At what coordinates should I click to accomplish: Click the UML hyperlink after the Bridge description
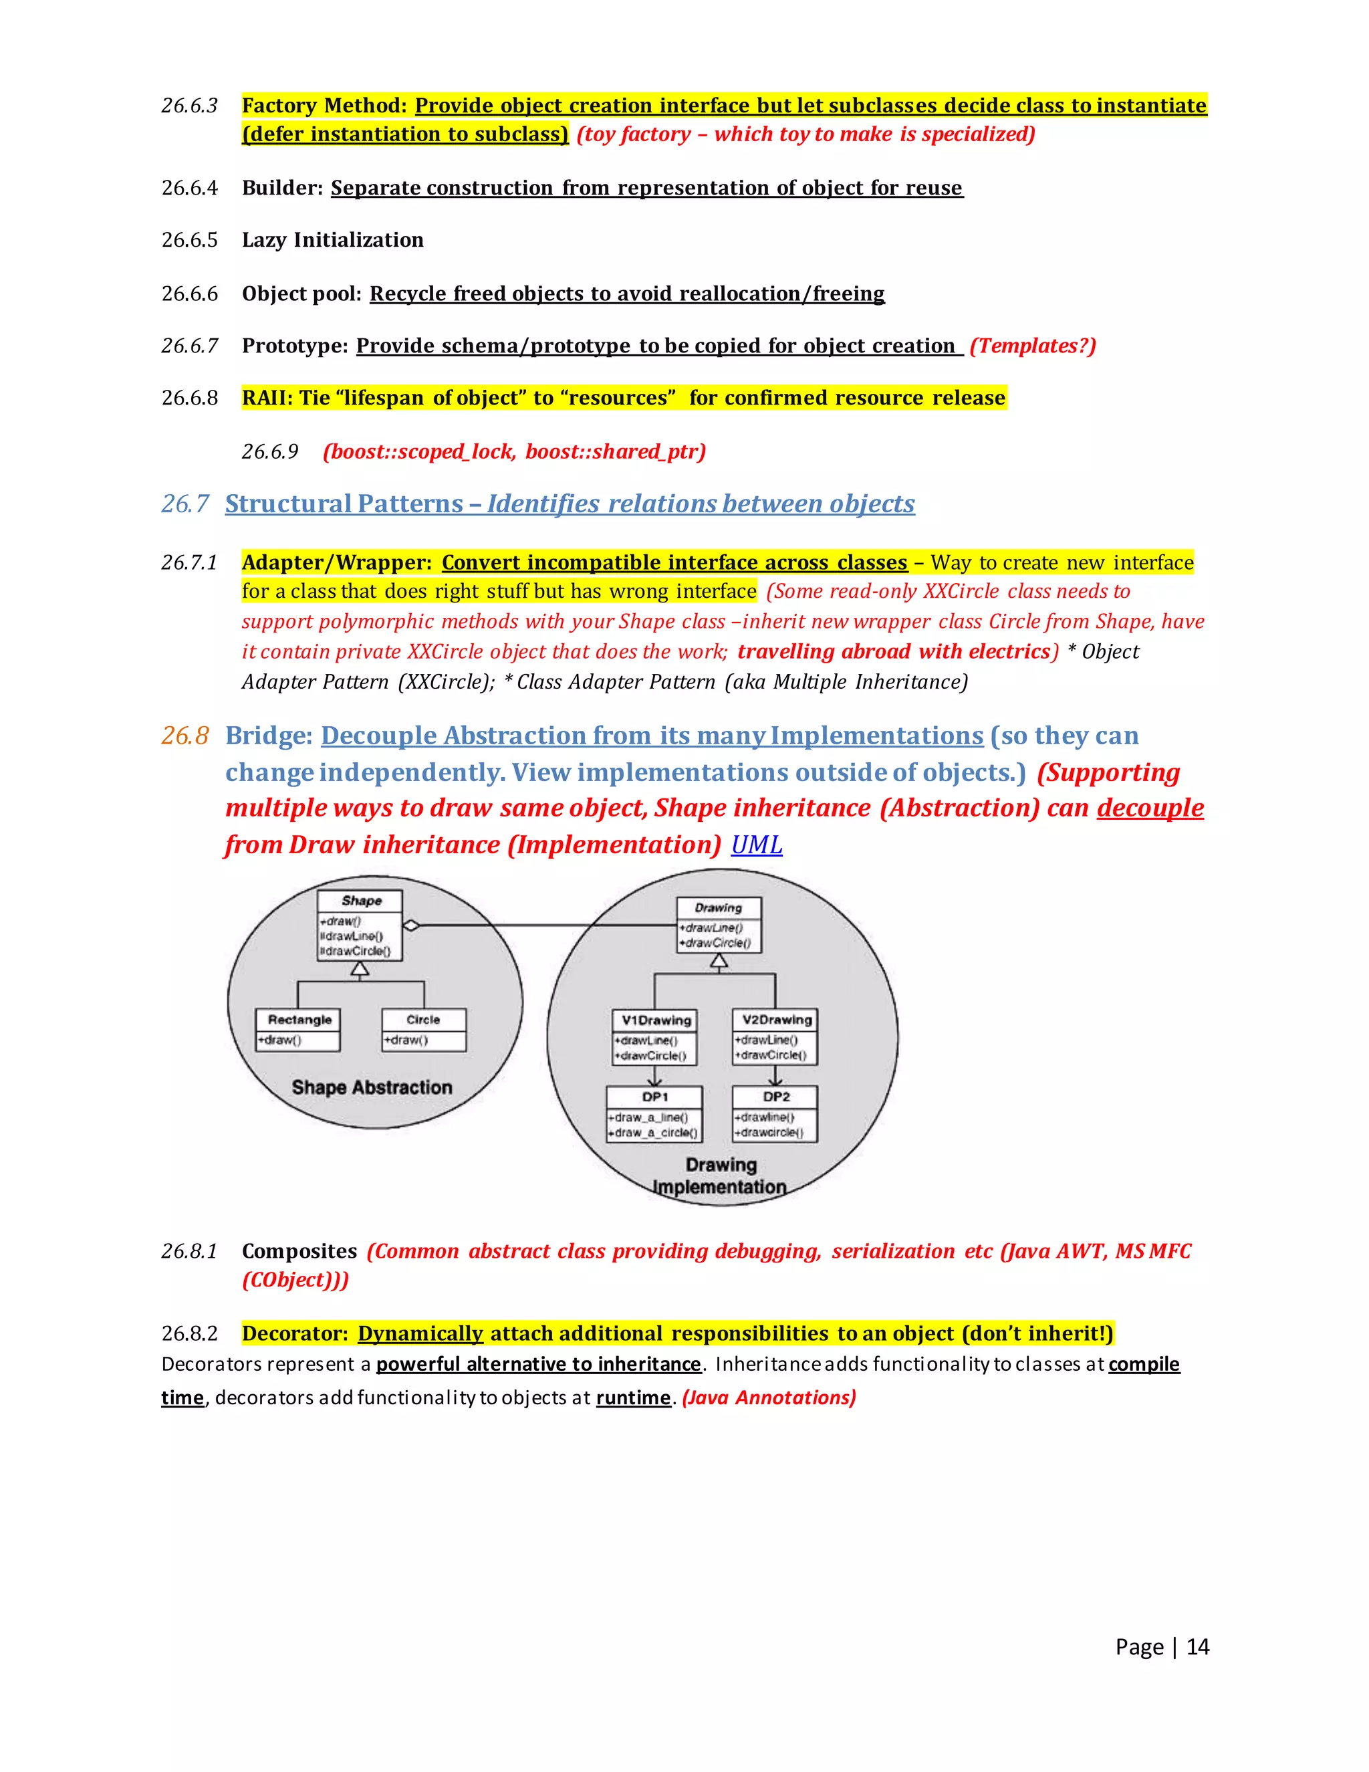756,845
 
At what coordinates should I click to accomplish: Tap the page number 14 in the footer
1197,1646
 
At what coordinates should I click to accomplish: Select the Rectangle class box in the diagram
298,1030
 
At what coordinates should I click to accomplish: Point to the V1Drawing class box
655,1037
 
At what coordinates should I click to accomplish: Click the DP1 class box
654,1114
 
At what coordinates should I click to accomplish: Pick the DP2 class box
775,1114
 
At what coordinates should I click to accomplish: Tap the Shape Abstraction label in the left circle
372,1087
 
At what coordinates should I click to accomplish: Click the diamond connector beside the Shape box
411,925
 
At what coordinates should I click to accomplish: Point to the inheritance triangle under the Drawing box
719,962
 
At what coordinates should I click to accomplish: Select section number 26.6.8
190,398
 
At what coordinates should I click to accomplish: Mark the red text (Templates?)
1032,346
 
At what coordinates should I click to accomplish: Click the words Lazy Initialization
332,240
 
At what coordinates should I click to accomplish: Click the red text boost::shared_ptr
615,451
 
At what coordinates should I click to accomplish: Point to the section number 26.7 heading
185,504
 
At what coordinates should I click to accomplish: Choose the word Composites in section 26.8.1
299,1251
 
